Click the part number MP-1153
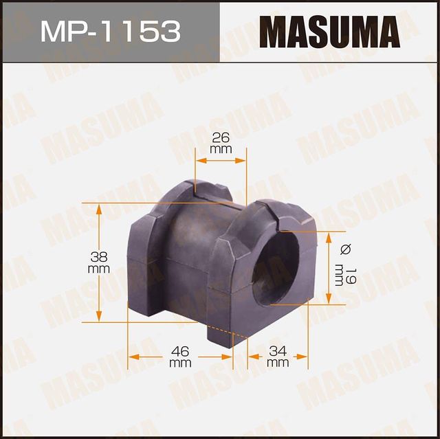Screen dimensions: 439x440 click(110, 32)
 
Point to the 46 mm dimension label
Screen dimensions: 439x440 click(180, 357)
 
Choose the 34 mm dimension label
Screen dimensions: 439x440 click(278, 357)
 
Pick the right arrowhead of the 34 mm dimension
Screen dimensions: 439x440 click(303, 357)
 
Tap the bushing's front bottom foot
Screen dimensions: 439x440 click(227, 337)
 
